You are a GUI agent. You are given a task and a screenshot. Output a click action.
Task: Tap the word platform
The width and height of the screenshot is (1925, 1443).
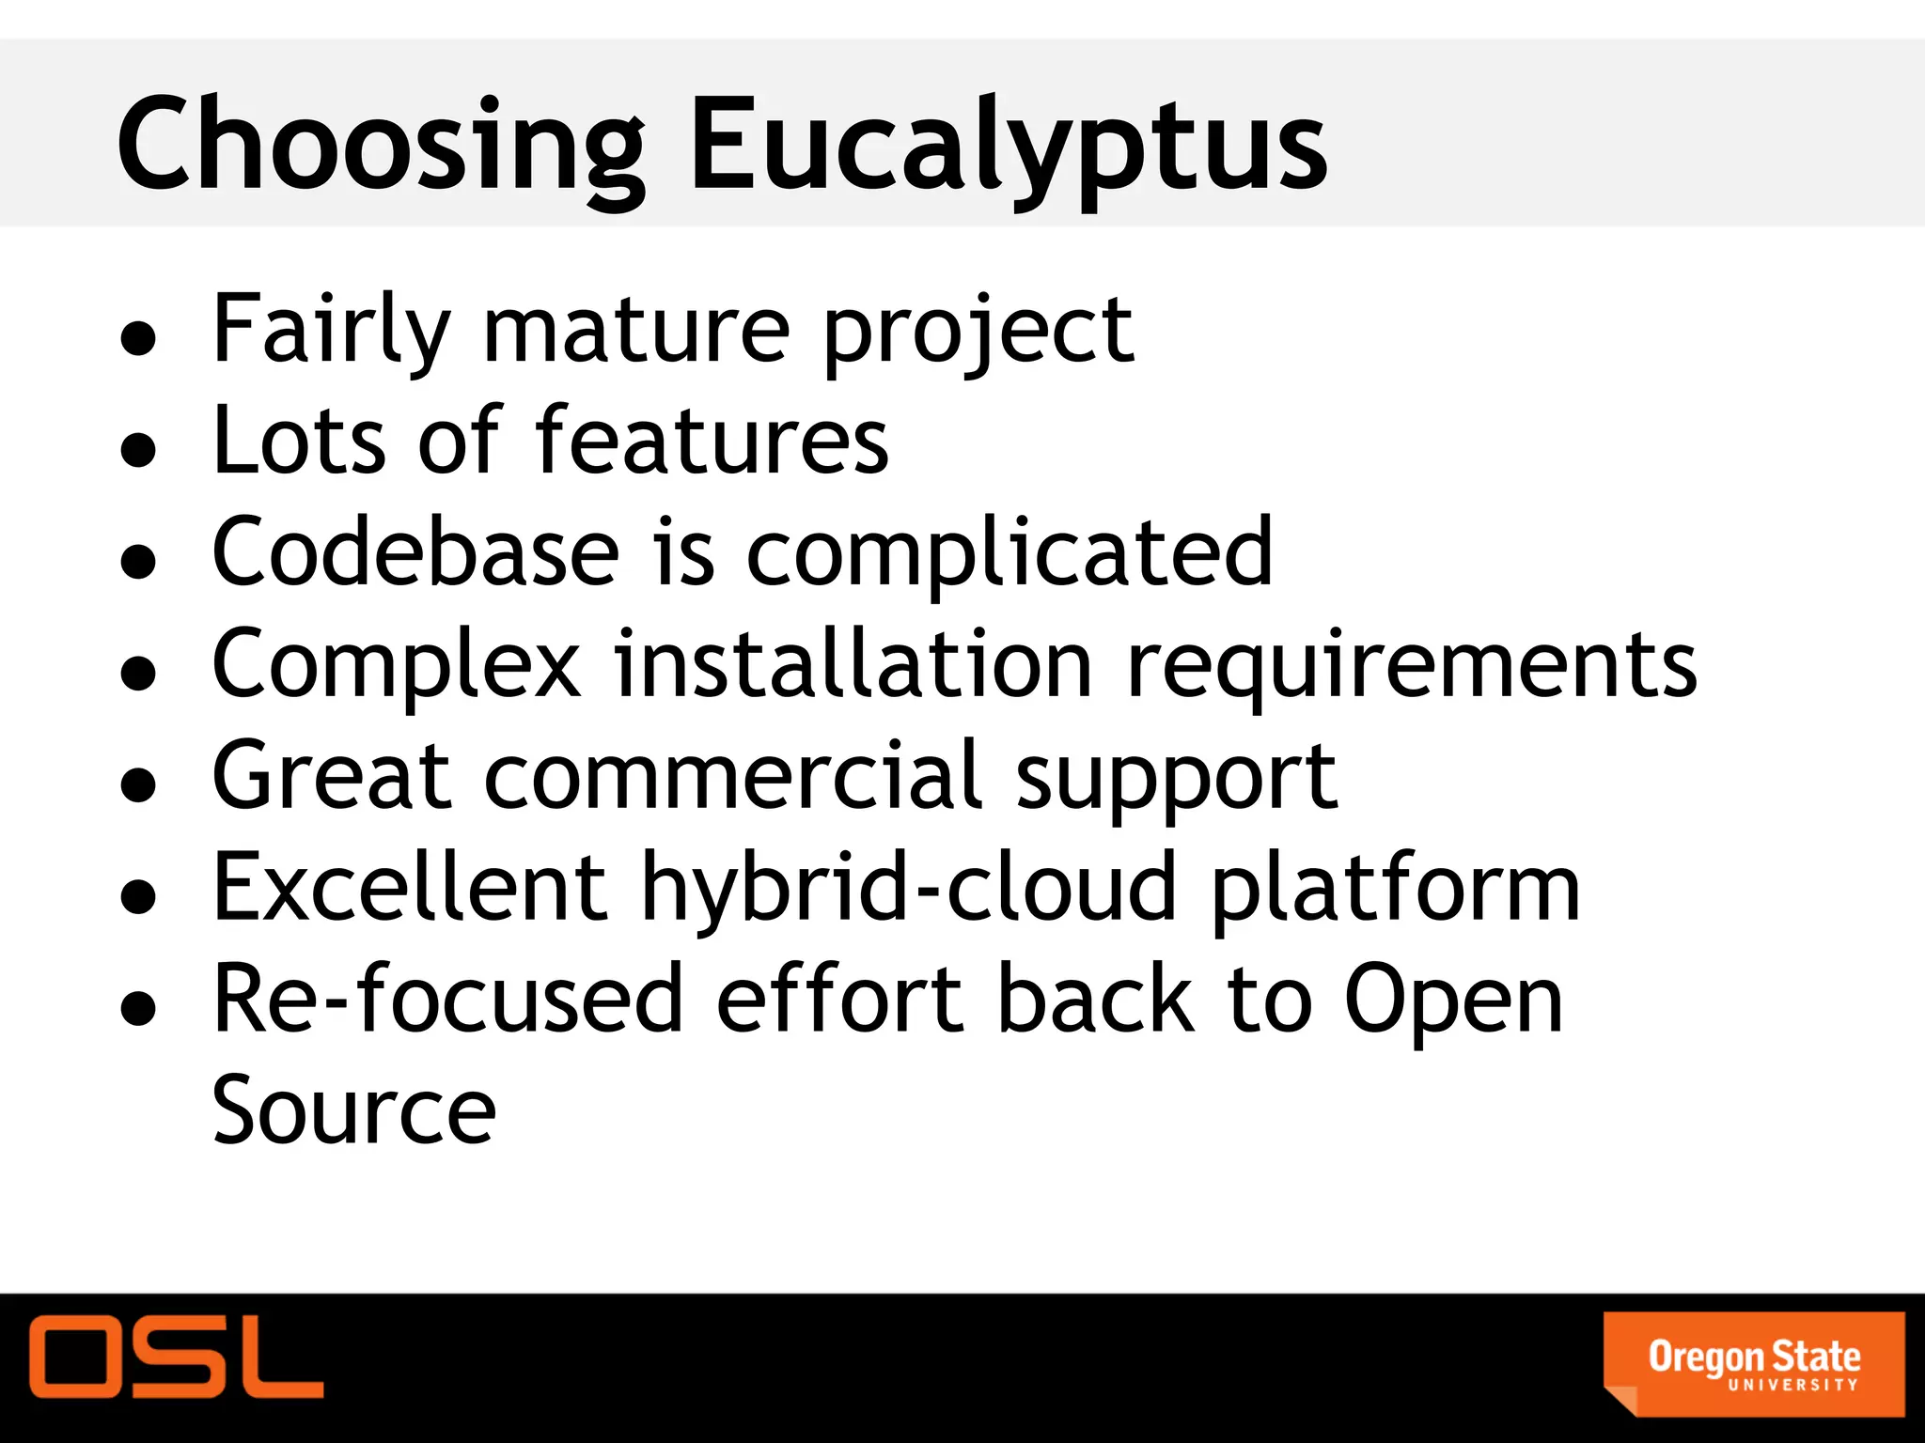(1395, 889)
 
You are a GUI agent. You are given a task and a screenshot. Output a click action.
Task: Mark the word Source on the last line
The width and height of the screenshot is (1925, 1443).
(353, 1110)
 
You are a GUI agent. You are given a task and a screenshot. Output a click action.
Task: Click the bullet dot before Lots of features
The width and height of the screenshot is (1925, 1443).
(138, 449)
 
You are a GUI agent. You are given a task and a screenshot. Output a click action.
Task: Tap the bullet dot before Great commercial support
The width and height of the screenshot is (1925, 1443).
(138, 784)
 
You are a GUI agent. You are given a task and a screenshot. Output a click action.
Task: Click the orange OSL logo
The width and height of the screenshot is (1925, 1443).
(176, 1357)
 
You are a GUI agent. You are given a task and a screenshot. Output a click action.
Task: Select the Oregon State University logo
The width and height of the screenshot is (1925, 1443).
(1753, 1363)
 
